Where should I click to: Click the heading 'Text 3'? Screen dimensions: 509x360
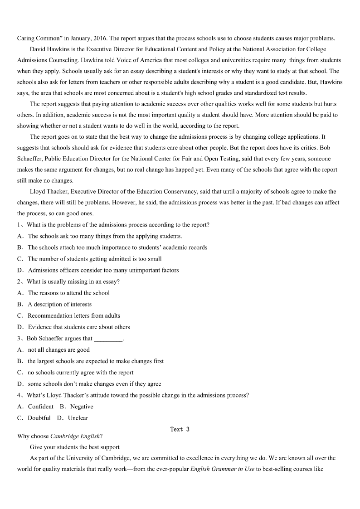coord(180,429)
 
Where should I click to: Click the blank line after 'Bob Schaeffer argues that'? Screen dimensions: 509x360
coord(108,339)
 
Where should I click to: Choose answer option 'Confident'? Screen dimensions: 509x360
coord(40,407)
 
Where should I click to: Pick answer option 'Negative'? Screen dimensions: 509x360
coord(82,407)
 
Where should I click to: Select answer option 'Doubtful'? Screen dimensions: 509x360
coord(39,418)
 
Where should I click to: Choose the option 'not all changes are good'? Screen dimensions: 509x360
coord(58,350)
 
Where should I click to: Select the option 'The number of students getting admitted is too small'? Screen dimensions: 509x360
coord(94,259)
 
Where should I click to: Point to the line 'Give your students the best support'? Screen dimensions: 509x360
coord(75,447)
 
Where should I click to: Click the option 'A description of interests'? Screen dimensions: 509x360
coord(59,304)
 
